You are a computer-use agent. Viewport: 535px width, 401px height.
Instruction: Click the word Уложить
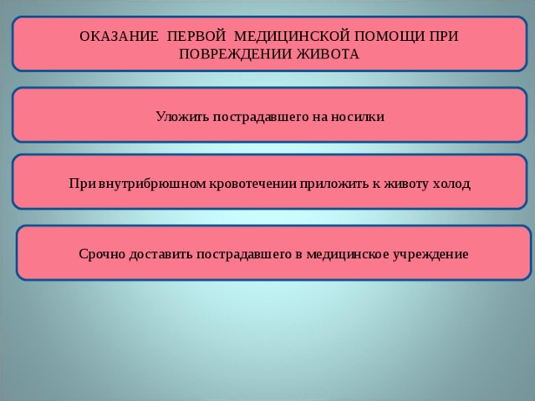[178, 117]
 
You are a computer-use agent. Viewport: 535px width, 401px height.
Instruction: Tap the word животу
[390, 184]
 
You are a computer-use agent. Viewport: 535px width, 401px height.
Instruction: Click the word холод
[451, 184]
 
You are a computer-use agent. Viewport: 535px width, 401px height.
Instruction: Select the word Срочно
[103, 253]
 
